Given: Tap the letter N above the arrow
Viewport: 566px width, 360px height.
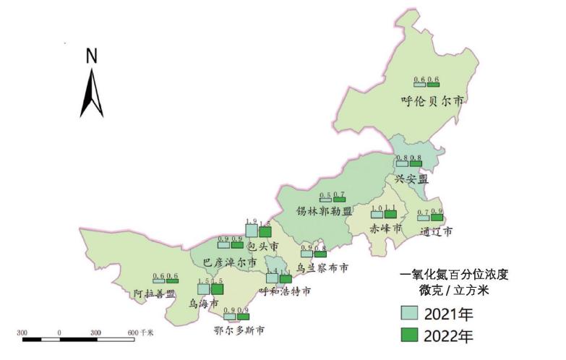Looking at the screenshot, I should click(92, 55).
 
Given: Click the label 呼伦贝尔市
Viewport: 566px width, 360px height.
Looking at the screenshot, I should click(432, 100).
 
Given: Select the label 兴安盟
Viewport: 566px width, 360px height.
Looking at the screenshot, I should click(412, 179).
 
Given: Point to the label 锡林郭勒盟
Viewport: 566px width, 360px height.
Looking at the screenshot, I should click(324, 212).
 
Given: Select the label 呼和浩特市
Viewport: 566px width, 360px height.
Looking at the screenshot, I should click(286, 291).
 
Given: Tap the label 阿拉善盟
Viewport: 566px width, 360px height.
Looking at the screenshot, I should click(155, 293).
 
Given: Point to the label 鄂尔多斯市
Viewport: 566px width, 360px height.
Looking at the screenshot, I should click(239, 330).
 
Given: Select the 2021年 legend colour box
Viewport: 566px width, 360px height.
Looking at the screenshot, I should click(410, 313).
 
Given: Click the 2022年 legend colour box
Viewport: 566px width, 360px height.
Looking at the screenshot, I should click(410, 335).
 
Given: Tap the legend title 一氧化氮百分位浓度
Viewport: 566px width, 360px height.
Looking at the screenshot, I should click(459, 275).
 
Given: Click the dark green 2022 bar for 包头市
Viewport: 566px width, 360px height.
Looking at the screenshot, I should click(265, 231).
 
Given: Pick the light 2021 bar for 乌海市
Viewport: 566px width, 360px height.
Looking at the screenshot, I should click(203, 288).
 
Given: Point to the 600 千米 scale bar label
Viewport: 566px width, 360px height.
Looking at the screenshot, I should click(142, 332).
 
